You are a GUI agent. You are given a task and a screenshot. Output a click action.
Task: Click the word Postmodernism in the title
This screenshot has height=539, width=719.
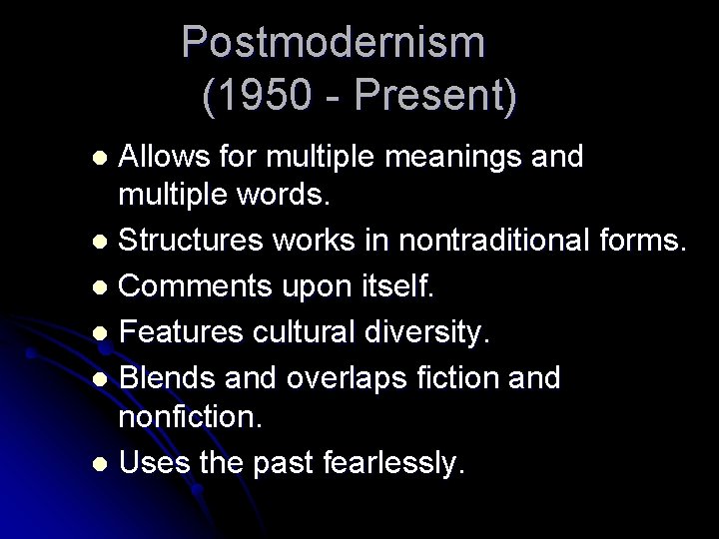click(335, 42)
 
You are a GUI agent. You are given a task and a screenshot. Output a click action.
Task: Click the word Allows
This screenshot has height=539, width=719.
click(165, 157)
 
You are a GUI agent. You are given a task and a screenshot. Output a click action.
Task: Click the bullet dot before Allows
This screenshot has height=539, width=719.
click(101, 159)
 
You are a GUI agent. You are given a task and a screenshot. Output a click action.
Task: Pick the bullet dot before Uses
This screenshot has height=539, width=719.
click(101, 464)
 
